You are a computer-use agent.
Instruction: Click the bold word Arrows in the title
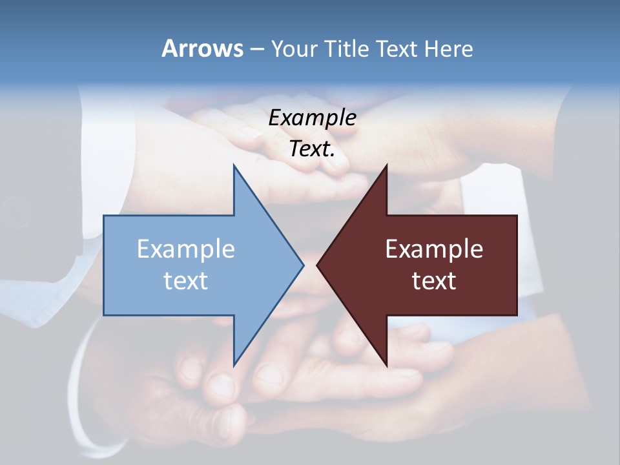point(202,49)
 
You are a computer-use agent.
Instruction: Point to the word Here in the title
point(448,49)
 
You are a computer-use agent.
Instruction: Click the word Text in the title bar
point(397,49)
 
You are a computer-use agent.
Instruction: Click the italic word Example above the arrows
point(312,118)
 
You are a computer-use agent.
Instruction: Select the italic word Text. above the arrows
point(312,149)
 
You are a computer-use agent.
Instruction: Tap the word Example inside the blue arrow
point(186,249)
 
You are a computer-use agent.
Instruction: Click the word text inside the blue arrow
point(186,281)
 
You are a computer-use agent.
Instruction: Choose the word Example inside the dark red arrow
point(434,249)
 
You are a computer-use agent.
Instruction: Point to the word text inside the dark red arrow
point(434,281)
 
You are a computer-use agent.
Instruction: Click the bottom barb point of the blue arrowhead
point(234,366)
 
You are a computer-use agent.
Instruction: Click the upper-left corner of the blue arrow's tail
point(104,216)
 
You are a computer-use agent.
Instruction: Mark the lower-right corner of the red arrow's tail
point(517,315)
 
